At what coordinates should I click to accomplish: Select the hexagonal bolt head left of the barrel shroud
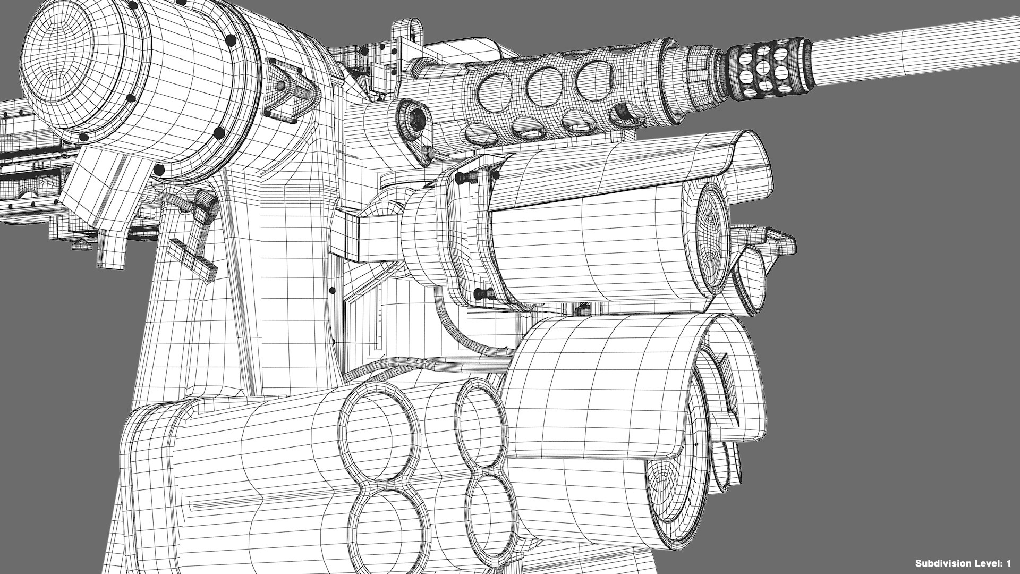pyautogui.click(x=414, y=121)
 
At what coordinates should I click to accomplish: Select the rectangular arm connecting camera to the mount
pyautogui.click(x=372, y=237)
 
